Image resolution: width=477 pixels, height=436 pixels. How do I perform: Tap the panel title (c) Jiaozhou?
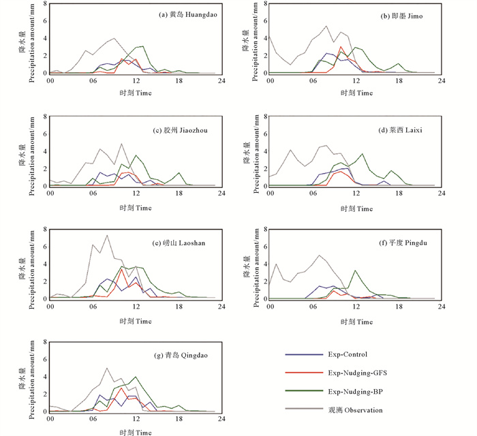[x=185, y=130]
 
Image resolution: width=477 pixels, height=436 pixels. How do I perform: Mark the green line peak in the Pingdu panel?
[x=356, y=270]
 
